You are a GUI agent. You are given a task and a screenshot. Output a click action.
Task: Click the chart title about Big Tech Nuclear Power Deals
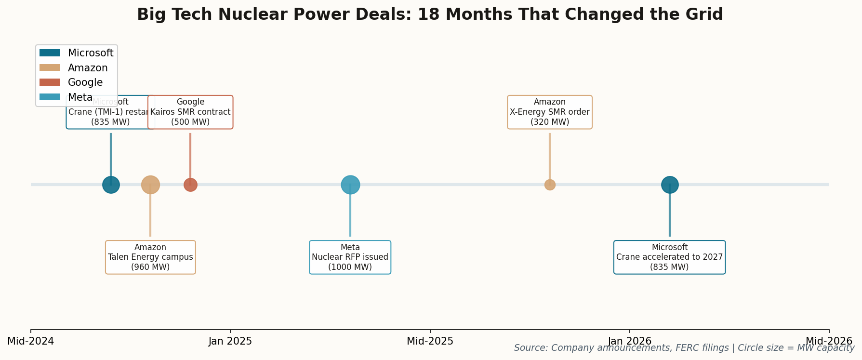tap(430, 14)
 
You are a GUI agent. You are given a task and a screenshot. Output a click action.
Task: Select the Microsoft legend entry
tap(90, 53)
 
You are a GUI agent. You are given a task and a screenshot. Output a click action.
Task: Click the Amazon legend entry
tap(87, 68)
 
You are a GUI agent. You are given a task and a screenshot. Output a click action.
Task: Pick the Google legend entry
tap(85, 82)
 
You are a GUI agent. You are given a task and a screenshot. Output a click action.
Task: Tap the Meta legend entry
tap(80, 97)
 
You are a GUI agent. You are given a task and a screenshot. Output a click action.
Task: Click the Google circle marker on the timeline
tap(190, 185)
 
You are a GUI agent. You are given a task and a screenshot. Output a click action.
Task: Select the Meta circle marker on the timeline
tap(350, 185)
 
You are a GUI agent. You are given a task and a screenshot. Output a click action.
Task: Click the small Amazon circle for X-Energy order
tap(550, 185)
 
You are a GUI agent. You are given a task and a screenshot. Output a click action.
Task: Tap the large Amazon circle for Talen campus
tap(150, 185)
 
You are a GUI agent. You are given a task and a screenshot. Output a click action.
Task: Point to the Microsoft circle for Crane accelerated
tap(669, 185)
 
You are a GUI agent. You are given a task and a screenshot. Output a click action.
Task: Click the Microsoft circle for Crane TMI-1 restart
tap(111, 185)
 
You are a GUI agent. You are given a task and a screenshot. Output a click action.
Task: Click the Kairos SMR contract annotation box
tap(190, 112)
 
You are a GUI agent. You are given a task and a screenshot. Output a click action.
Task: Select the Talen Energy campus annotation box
tap(150, 257)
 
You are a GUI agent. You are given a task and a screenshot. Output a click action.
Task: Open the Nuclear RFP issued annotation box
tap(350, 257)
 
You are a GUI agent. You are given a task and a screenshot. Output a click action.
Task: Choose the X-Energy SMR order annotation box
tap(550, 112)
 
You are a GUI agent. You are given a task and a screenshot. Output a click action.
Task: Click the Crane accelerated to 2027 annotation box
tap(669, 257)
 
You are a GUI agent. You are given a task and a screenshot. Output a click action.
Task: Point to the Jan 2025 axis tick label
tap(230, 341)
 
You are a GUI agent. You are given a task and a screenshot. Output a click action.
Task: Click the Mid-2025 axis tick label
tap(430, 341)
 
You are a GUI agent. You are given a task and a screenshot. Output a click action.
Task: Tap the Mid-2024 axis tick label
tap(31, 341)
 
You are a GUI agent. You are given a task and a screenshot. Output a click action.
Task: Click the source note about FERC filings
tap(684, 348)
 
